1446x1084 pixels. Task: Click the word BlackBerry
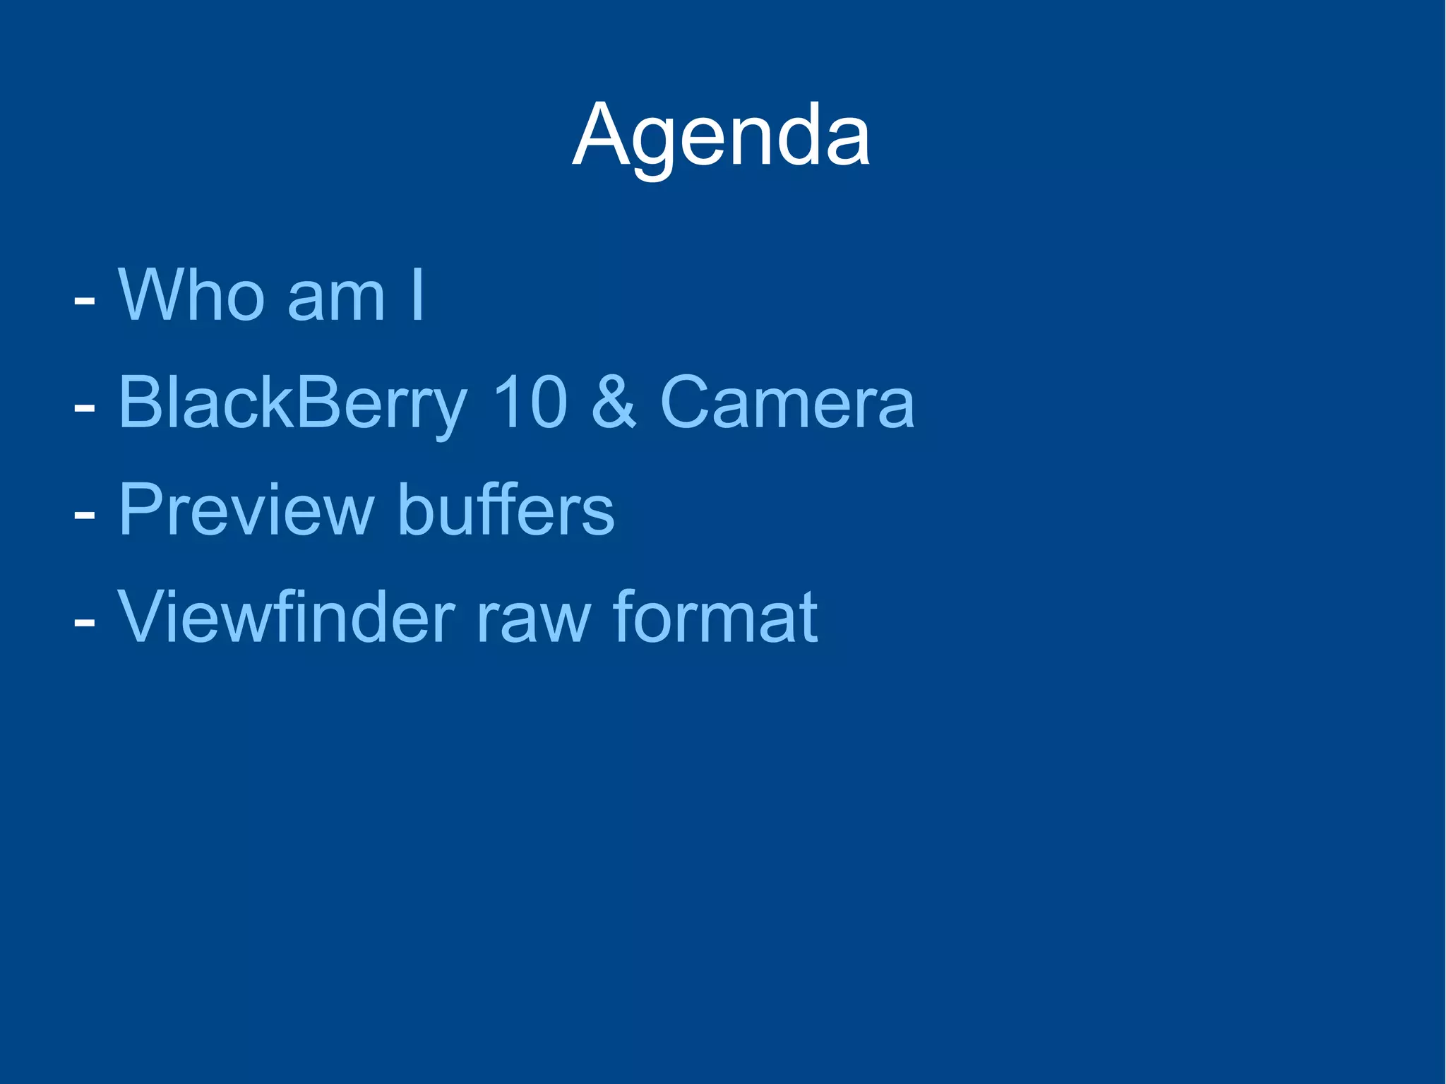tap(292, 403)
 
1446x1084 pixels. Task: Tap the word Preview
tap(245, 510)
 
